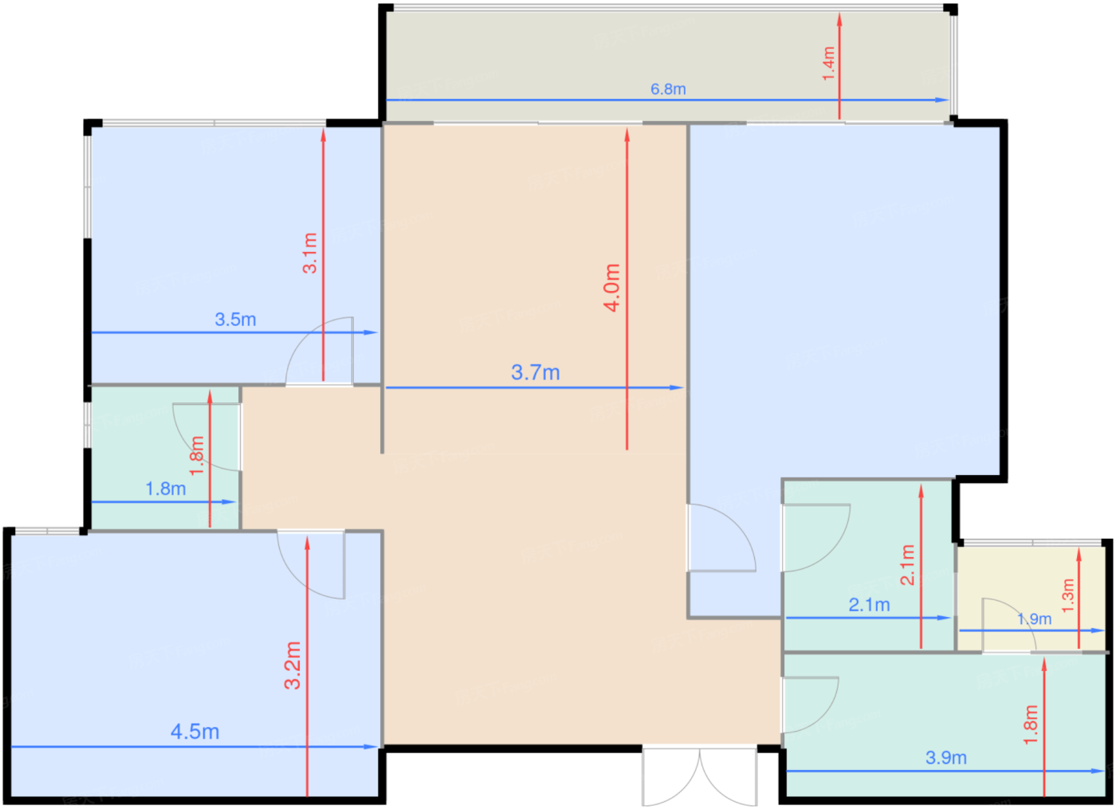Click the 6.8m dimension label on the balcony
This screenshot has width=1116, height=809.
click(668, 89)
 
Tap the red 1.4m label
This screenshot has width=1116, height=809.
click(828, 63)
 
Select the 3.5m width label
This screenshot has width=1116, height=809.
click(235, 320)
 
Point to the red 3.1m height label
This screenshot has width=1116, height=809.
click(309, 253)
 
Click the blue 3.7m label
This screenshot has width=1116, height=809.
click(535, 373)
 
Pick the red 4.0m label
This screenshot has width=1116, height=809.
click(612, 288)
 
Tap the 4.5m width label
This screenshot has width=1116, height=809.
click(195, 732)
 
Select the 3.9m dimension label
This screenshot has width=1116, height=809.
click(946, 758)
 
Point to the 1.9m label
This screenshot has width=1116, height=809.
click(1035, 619)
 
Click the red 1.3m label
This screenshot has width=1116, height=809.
click(1067, 596)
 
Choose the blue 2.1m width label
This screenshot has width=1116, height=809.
click(870, 605)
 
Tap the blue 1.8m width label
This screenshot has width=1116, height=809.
click(166, 489)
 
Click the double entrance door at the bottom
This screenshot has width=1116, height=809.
click(700, 776)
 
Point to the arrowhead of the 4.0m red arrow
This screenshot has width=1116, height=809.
click(627, 135)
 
